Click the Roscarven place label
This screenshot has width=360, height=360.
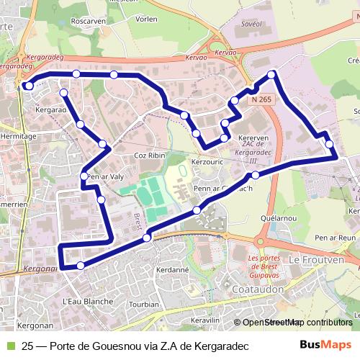coord(89,21)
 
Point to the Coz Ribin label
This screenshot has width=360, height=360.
coord(150,156)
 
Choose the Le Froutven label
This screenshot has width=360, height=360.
coord(314,258)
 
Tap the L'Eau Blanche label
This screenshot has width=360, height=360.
coord(88,301)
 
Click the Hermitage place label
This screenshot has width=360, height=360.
coord(19,135)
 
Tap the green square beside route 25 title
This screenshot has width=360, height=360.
coord(9,346)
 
